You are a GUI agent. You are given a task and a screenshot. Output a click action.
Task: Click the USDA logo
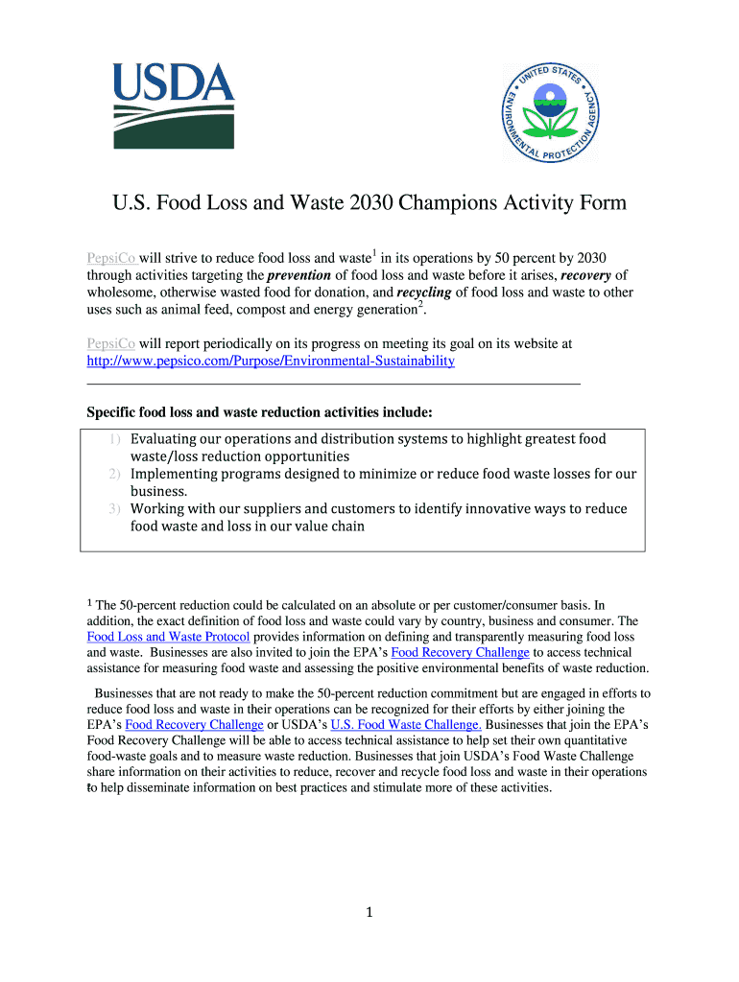[x=174, y=105]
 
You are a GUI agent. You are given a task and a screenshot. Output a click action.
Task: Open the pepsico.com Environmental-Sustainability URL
[x=271, y=362]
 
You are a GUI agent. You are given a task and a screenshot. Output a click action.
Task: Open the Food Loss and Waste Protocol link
[x=168, y=637]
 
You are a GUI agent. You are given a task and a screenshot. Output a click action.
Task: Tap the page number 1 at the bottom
[x=369, y=913]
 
